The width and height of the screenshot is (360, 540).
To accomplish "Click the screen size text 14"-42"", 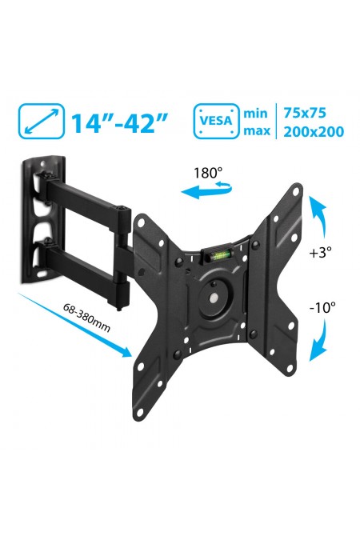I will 120,122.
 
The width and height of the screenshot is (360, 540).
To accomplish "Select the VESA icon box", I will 216,122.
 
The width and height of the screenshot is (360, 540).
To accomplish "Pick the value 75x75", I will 306,112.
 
